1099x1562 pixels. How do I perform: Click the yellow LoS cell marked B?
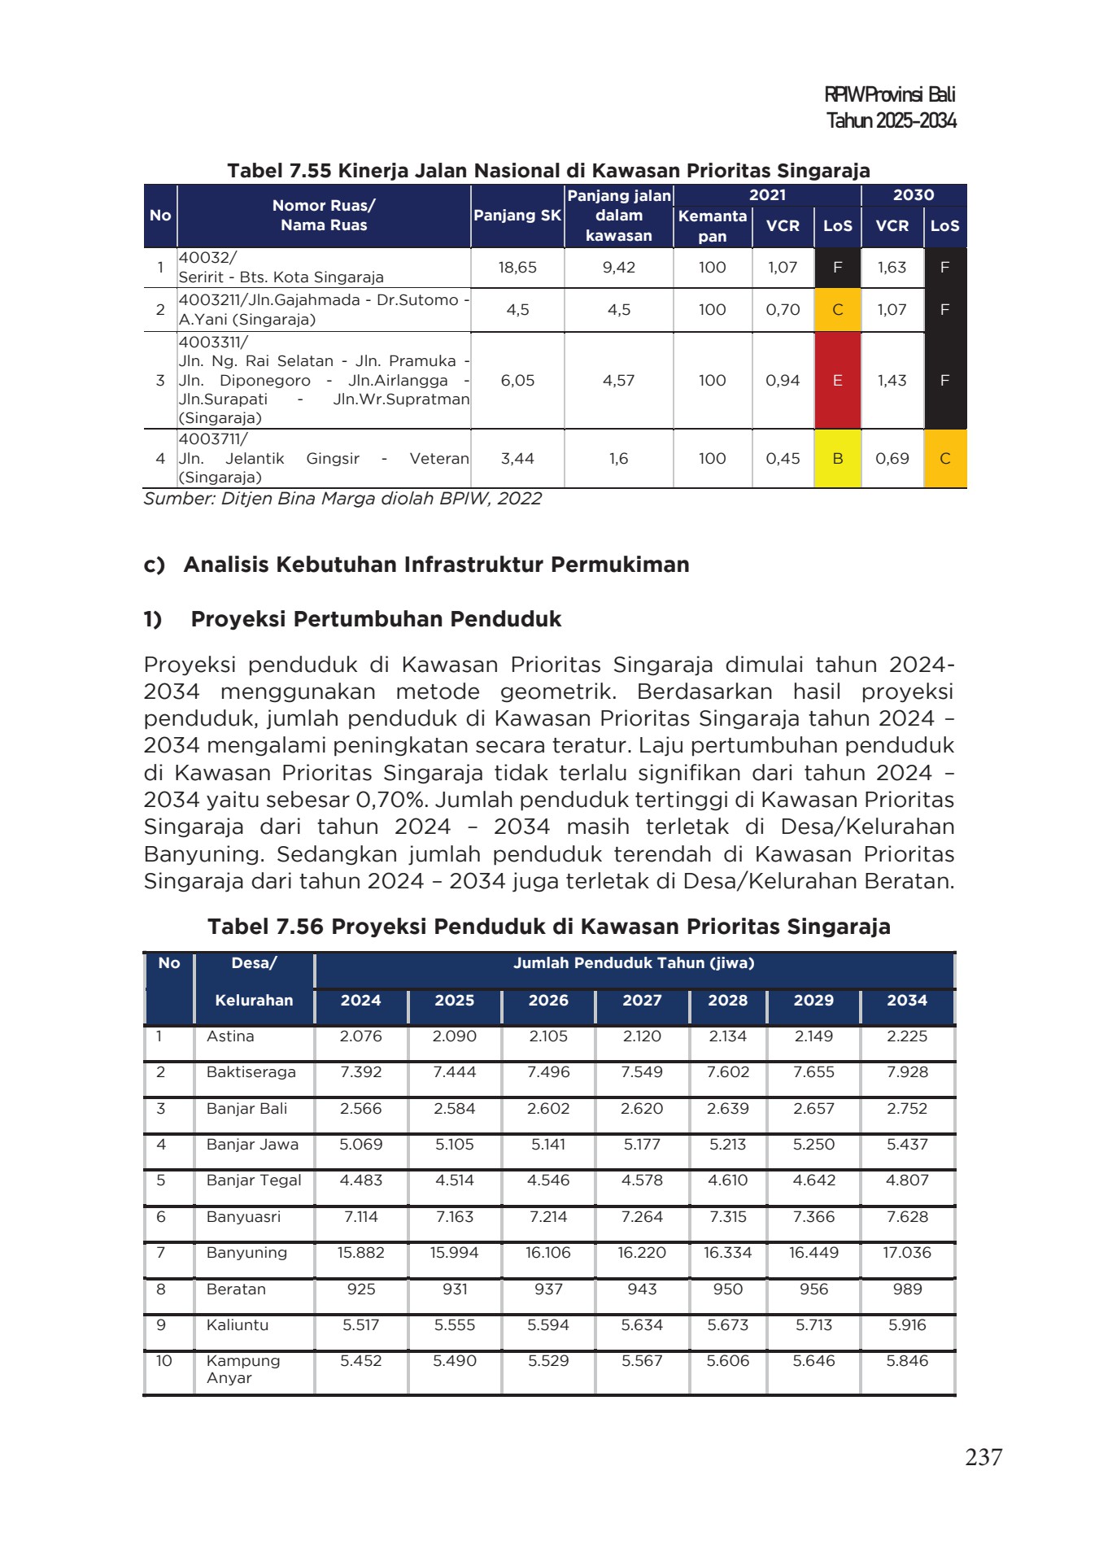pos(837,459)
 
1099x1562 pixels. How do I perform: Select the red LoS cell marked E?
pos(837,380)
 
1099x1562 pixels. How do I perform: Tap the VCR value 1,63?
pos(892,267)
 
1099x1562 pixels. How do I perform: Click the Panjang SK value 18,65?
pos(517,267)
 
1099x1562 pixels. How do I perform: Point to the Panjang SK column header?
pos(517,216)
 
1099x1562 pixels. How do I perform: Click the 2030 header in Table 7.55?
pos(913,195)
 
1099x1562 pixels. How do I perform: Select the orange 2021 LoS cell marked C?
pos(837,309)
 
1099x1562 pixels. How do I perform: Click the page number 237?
pos(983,1457)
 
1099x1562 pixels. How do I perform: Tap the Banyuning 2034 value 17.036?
pos(906,1253)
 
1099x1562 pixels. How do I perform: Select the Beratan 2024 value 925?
pos(361,1289)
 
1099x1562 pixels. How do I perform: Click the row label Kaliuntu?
pos(237,1324)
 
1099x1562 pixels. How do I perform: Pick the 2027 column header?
pos(642,1001)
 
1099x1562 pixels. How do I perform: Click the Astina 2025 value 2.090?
pos(454,1036)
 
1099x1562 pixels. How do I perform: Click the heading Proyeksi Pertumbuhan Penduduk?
pos(376,619)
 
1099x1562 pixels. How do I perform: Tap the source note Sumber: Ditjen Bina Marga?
pos(342,499)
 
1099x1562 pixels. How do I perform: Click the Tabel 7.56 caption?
pos(548,927)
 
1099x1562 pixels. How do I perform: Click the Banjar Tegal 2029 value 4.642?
pos(813,1180)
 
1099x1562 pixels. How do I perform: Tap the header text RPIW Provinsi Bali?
pos(889,94)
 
